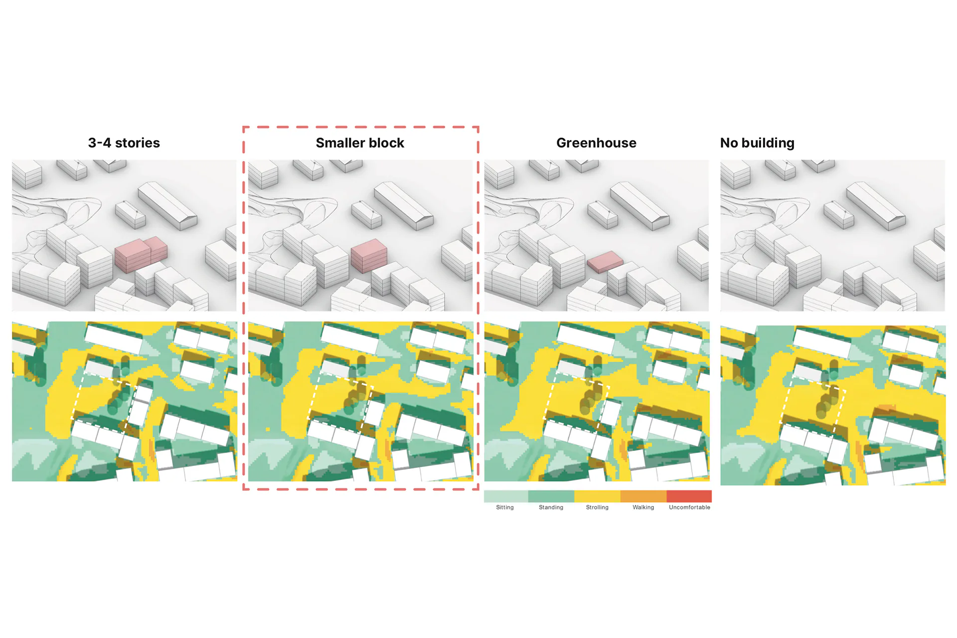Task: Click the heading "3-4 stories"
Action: [124, 143]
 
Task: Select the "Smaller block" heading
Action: [360, 143]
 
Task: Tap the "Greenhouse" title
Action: [596, 143]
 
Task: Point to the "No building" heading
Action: [757, 144]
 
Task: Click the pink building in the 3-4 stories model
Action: [141, 254]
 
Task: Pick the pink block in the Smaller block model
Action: [369, 255]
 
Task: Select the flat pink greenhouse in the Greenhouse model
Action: [605, 262]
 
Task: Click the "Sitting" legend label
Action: [504, 507]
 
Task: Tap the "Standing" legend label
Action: [551, 507]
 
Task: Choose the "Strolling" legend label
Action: [597, 507]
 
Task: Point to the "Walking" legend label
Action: [643, 507]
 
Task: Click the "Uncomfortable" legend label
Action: [689, 507]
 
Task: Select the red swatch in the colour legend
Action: [689, 496]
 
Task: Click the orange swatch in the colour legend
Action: [643, 496]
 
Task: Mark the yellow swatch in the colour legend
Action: [597, 496]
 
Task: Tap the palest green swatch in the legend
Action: [506, 496]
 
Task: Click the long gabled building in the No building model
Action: [876, 206]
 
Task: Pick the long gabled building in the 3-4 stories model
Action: [167, 206]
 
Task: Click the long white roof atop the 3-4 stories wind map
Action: [113, 339]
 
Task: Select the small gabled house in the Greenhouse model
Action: [603, 214]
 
